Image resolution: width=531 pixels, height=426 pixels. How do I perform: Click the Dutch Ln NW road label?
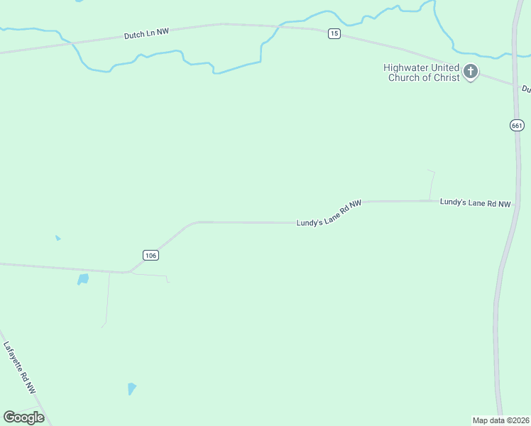pos(146,32)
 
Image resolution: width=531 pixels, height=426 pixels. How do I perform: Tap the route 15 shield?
pos(334,34)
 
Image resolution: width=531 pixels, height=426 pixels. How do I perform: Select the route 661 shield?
pos(517,125)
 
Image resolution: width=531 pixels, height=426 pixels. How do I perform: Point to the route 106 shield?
pos(150,255)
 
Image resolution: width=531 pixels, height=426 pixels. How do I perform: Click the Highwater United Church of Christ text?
pos(422,72)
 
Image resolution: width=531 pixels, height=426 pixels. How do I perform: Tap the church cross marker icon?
pos(471,71)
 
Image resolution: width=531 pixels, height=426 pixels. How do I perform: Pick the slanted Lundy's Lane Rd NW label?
pos(329,213)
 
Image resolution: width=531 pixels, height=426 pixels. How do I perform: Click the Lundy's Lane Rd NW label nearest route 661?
pos(475,203)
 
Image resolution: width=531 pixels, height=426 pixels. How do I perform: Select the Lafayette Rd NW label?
pos(19,368)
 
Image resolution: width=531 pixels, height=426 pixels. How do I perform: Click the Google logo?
pos(23,417)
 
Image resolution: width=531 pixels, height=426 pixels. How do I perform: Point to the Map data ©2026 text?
pos(500,420)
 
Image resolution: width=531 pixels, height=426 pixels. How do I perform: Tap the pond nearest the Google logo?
pos(131,388)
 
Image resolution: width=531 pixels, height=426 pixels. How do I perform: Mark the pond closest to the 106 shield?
pos(83,279)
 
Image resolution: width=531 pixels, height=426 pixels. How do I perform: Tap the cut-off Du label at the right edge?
pos(526,89)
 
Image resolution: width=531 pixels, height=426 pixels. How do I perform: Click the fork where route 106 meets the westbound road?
pos(128,271)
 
